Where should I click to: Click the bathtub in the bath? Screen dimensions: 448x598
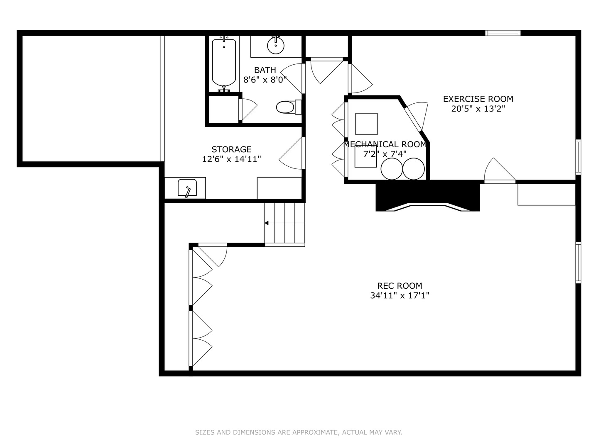224,63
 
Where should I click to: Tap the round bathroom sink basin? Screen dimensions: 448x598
275,45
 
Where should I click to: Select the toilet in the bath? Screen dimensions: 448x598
286,107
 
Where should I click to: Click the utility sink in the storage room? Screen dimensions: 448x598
187,188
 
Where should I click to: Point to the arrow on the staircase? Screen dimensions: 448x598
267,223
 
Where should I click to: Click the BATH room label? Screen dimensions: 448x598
265,70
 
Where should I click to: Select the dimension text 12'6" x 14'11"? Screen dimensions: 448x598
231,159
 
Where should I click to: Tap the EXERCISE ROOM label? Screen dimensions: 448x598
478,99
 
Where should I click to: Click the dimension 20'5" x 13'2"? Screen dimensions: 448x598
478,109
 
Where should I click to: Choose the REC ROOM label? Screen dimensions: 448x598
399,285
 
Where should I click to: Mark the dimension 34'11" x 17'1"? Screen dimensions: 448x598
399,295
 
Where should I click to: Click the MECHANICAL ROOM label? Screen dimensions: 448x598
385,144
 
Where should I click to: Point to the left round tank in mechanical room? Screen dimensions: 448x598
392,169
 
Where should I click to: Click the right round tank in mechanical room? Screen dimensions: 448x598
414,169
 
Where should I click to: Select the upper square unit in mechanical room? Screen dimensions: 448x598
366,124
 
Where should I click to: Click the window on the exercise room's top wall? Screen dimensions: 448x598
503,33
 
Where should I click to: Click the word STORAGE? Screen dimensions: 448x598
231,149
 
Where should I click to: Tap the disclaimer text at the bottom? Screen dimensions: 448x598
299,432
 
